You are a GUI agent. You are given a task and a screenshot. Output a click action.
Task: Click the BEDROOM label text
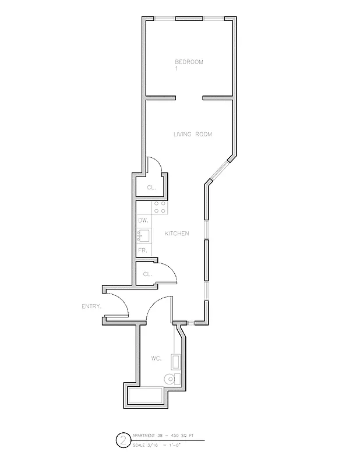[189, 62]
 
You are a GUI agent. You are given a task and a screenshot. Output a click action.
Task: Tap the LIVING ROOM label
[192, 135]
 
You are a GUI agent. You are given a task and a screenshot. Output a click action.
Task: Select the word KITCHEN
[177, 234]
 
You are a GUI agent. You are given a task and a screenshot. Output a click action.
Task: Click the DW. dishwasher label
[143, 221]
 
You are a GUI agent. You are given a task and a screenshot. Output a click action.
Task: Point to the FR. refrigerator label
[142, 250]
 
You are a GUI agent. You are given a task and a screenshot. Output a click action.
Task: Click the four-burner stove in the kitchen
[160, 208]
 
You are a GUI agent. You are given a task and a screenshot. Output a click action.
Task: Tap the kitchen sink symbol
[144, 236]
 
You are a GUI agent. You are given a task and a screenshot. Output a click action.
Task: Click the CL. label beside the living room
[151, 188]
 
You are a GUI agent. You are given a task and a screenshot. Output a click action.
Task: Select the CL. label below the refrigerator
[147, 274]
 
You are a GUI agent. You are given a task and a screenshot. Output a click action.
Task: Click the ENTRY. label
[91, 306]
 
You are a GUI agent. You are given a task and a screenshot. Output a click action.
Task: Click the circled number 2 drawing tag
[123, 440]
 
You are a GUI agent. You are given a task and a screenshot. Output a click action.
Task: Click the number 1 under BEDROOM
[176, 69]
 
